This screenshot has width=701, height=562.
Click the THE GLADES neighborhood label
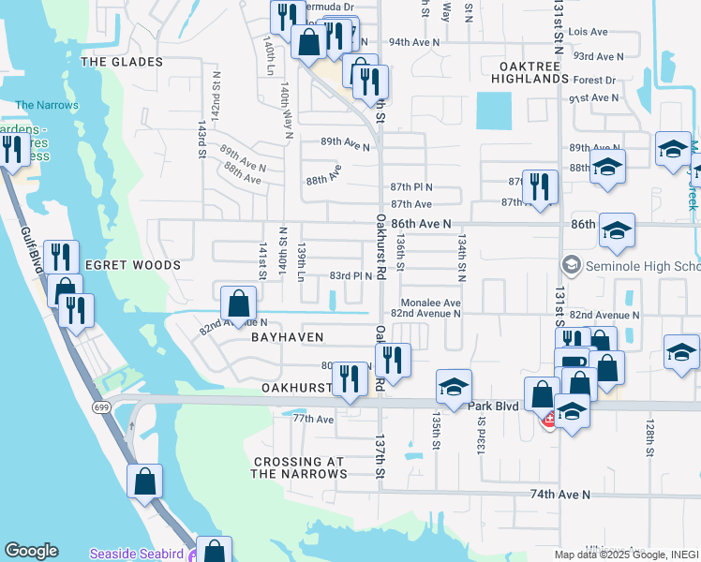(122, 62)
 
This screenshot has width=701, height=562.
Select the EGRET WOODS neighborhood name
(132, 265)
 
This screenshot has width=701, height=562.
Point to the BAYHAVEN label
(287, 336)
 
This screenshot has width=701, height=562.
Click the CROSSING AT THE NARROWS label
(300, 467)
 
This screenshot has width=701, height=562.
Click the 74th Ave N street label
(560, 494)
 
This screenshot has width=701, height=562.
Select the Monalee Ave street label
(430, 303)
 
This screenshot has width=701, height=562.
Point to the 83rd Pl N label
(350, 275)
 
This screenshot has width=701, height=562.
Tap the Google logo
(31, 551)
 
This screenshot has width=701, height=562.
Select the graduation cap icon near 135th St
(454, 386)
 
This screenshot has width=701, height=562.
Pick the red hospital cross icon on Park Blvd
(548, 422)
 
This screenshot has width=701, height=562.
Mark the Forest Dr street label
(595, 81)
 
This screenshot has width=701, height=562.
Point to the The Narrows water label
(47, 105)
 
